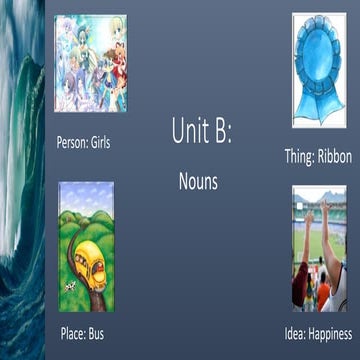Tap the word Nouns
[x=198, y=183]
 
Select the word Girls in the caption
[x=100, y=143]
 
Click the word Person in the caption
[x=72, y=143]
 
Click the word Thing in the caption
[x=299, y=157]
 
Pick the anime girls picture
[x=90, y=62]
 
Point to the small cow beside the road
[x=70, y=287]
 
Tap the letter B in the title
[x=220, y=131]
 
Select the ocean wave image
[x=22, y=180]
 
